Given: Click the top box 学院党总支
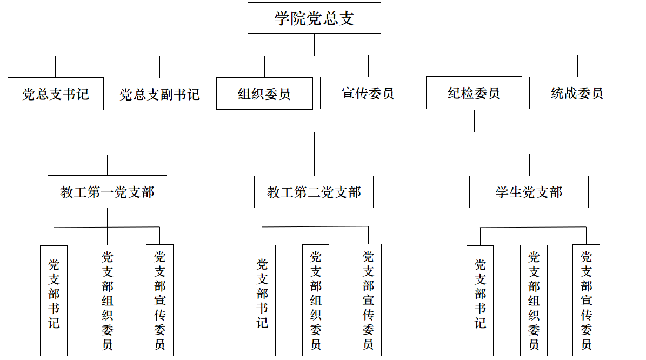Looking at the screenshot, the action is tap(314, 18).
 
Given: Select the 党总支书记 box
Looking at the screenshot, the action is tap(56, 94).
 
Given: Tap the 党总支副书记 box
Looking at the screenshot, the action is tap(160, 94).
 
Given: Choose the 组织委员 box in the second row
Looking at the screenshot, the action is tap(264, 93).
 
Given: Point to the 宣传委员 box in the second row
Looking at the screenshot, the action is tap(368, 92).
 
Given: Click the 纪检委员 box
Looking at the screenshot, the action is tap(474, 92).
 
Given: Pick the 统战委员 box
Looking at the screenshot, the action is tap(577, 92).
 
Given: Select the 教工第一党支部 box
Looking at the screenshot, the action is tap(107, 191).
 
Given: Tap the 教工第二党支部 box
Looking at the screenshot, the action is tap(314, 192).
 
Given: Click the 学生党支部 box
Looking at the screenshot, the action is tap(529, 192).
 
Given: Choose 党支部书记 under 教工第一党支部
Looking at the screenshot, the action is tap(54, 301).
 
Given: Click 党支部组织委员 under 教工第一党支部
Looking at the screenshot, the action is tap(107, 301).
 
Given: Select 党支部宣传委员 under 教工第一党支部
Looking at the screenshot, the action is tap(160, 301).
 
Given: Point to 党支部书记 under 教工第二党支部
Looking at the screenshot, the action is tap(262, 301).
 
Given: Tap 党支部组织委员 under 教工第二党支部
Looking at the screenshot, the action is tap(316, 301).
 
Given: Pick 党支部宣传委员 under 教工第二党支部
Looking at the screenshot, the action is tap(368, 300).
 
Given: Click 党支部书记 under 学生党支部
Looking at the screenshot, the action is tap(480, 301).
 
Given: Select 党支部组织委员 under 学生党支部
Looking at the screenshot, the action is tap(534, 301).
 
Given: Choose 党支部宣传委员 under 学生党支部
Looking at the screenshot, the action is tap(586, 301).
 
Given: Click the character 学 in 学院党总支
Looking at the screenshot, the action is tap(282, 18).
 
